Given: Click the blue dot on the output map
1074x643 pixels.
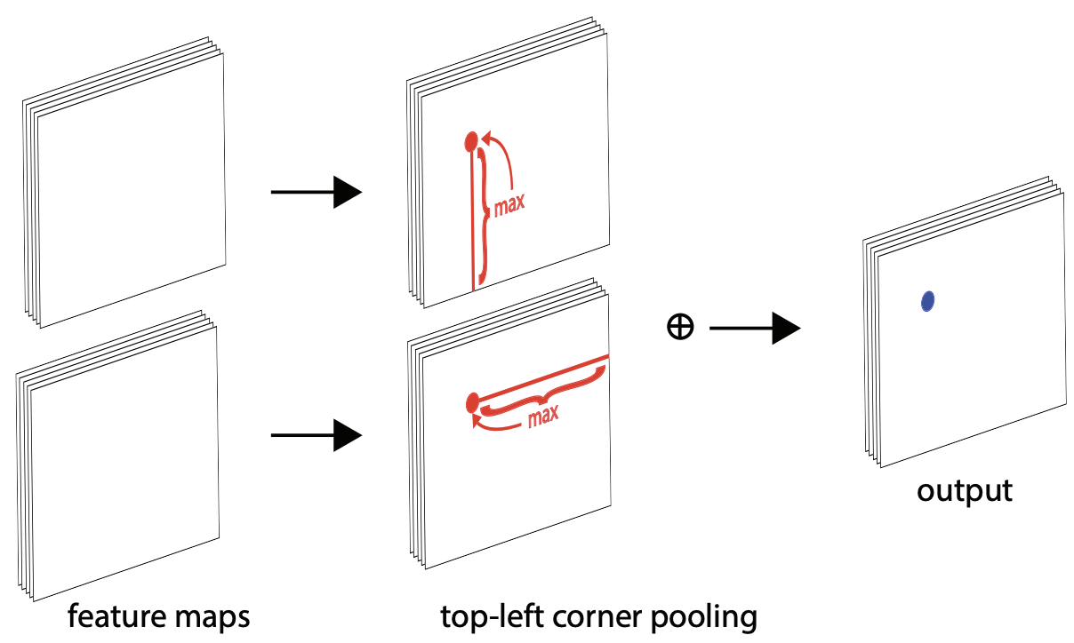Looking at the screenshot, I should point(927,301).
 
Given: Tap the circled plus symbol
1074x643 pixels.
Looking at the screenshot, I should point(679,328).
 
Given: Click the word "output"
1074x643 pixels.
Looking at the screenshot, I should point(964,490).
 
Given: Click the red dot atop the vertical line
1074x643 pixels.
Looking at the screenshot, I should point(471,139).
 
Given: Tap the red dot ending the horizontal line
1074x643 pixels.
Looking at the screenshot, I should point(471,403).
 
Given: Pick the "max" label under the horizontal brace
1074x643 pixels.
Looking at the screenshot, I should point(541,416).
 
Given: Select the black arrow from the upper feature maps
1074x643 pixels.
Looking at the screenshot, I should point(316,192).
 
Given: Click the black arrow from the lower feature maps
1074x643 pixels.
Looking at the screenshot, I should point(316,435).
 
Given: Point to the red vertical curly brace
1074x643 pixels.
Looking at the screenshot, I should point(485,213).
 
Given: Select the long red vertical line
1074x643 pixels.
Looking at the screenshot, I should point(472,222).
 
